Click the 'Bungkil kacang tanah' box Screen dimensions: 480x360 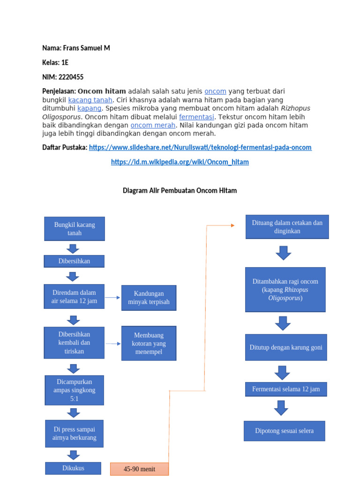click(x=74, y=229)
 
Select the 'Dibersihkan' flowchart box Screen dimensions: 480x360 click(x=74, y=261)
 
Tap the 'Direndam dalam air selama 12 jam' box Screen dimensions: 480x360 click(x=74, y=297)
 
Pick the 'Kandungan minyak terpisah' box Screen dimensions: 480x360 click(x=149, y=298)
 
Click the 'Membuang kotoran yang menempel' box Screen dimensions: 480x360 click(x=149, y=343)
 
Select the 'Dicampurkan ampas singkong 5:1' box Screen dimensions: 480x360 click(x=74, y=390)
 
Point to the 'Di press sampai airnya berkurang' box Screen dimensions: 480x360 click(x=74, y=434)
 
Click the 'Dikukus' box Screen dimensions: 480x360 click(x=73, y=468)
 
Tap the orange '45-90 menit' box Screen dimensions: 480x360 click(x=139, y=469)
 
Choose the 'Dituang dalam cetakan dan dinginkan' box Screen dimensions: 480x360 click(x=287, y=227)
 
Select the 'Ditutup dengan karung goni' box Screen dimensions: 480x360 click(x=285, y=347)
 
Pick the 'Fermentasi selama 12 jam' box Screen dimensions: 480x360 click(x=285, y=389)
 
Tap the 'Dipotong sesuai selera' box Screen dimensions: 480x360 click(x=284, y=431)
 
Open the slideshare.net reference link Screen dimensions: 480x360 click(x=200, y=147)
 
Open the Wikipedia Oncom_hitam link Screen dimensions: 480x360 click(x=180, y=162)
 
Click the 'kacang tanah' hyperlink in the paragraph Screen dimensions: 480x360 click(x=90, y=100)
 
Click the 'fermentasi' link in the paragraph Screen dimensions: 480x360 click(x=196, y=117)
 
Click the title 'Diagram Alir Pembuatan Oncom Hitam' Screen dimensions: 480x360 click(x=180, y=190)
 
